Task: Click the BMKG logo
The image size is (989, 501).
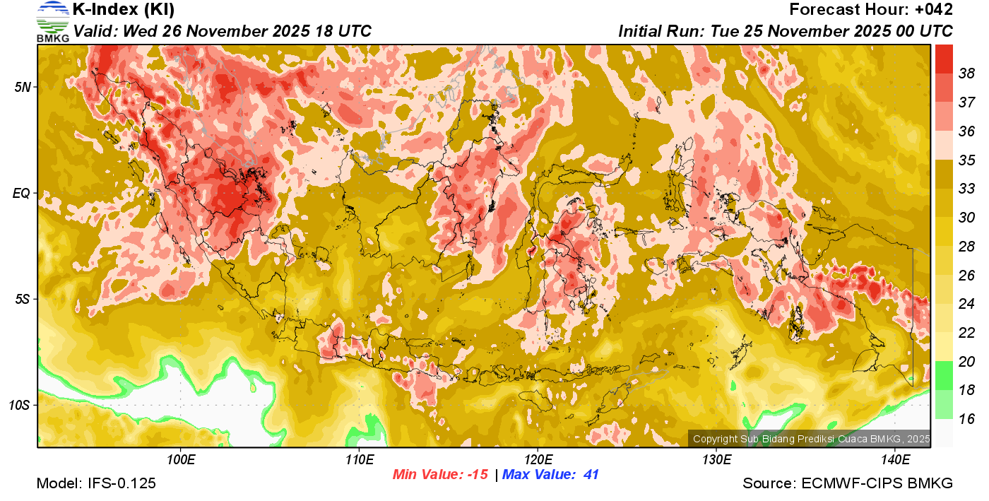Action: [53, 21]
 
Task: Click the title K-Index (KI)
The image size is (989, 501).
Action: [124, 10]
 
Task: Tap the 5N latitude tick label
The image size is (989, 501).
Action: [23, 87]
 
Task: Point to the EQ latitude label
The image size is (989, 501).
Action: [23, 193]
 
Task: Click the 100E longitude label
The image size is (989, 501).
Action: [181, 460]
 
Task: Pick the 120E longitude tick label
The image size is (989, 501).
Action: [538, 460]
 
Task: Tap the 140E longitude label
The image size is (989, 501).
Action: [895, 460]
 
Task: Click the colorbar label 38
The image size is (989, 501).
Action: [966, 73]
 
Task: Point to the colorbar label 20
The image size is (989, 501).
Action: [966, 361]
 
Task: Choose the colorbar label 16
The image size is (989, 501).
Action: [966, 419]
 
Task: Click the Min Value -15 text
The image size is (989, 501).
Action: [440, 475]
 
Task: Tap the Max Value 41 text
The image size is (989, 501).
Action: [550, 475]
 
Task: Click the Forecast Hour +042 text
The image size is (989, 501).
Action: [871, 10]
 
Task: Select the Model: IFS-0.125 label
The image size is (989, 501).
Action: [96, 484]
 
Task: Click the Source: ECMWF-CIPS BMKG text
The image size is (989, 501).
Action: [848, 484]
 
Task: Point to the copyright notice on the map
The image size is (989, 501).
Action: [810, 439]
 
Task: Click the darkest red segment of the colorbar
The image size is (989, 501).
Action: [944, 59]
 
